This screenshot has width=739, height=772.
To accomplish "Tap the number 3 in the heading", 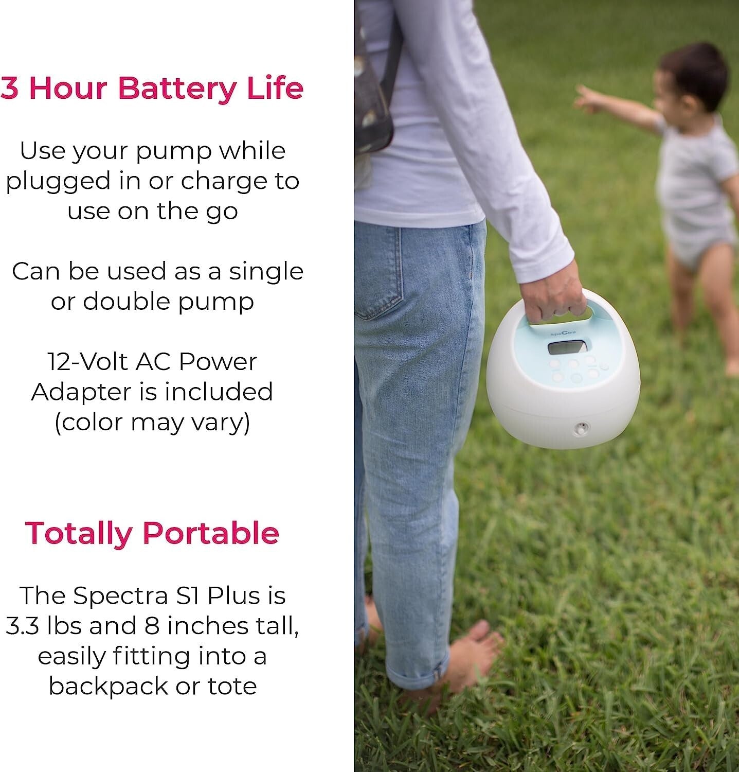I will (10, 88).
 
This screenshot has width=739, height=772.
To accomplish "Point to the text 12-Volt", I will (87, 362).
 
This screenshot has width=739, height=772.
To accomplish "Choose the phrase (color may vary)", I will (152, 423).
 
